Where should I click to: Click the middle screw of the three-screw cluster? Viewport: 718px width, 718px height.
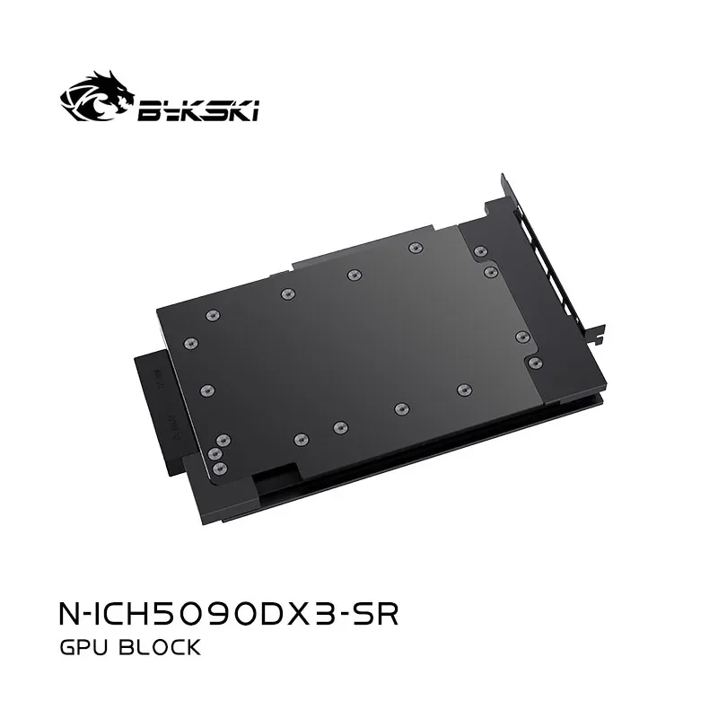tap(216, 454)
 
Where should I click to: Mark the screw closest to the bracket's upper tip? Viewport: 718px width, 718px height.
tap(480, 251)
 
